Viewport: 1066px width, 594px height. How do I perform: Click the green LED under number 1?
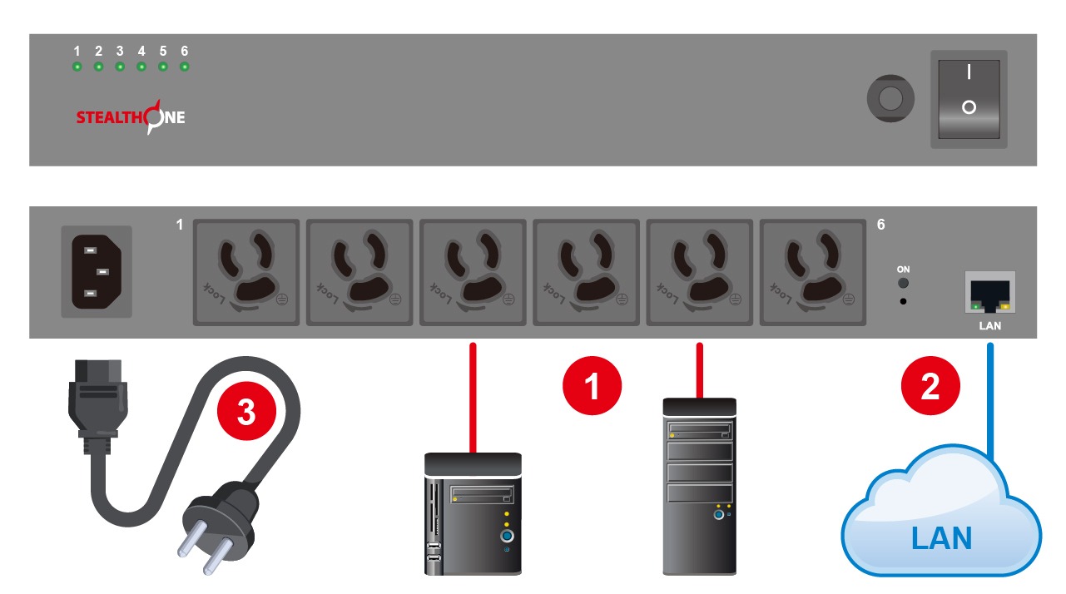click(x=77, y=67)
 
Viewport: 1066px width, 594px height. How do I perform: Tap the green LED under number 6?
click(x=185, y=67)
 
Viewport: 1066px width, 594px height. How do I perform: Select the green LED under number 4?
click(x=141, y=67)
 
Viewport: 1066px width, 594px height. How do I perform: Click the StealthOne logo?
click(x=131, y=117)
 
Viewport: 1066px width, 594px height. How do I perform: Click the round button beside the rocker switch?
click(x=890, y=99)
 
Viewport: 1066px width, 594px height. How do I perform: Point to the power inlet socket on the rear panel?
click(x=97, y=271)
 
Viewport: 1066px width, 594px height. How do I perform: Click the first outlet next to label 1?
click(x=246, y=273)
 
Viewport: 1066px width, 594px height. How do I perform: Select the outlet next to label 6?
click(x=813, y=273)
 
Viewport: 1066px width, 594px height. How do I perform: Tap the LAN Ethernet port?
click(x=990, y=292)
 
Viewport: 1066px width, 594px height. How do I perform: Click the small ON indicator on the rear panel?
click(x=903, y=284)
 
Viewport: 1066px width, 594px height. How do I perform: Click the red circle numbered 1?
click(x=592, y=386)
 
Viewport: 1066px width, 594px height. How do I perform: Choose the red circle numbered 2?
click(x=930, y=386)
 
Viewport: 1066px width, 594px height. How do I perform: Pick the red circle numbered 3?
click(x=246, y=411)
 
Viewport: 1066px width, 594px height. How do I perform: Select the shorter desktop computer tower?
click(x=473, y=514)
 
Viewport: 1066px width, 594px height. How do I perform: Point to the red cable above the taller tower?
click(x=700, y=370)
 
